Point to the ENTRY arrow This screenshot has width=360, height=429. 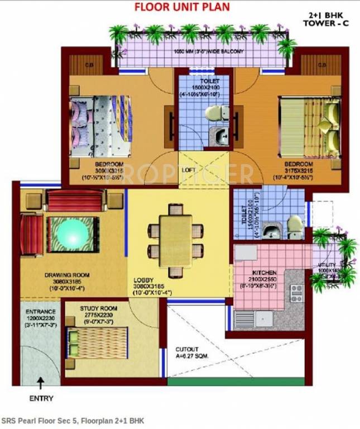pyautogui.click(x=41, y=385)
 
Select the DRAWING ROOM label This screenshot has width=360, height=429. pyautogui.click(x=67, y=275)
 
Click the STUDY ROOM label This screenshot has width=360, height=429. pyautogui.click(x=98, y=308)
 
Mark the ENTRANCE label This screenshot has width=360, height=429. pyautogui.click(x=40, y=311)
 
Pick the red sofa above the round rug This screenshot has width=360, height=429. pyautogui.click(x=75, y=200)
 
